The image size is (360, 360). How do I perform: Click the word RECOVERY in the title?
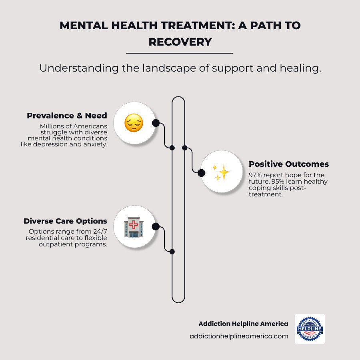(180, 42)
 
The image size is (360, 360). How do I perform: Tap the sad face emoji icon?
(134, 123)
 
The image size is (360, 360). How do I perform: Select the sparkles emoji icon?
(221, 172)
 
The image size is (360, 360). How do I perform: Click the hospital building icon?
(134, 227)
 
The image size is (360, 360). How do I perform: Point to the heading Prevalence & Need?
(67, 116)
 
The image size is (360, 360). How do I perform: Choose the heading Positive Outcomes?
(289, 164)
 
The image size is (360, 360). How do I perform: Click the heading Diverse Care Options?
(65, 221)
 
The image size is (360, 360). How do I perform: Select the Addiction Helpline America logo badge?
(310, 329)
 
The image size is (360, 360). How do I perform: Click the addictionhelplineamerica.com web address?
(239, 336)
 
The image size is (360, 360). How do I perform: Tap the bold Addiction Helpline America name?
(243, 324)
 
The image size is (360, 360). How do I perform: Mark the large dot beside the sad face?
(156, 123)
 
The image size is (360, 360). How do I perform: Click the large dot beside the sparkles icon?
(201, 172)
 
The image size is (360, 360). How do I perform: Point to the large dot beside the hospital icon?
(156, 227)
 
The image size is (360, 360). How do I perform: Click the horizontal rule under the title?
(179, 53)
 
